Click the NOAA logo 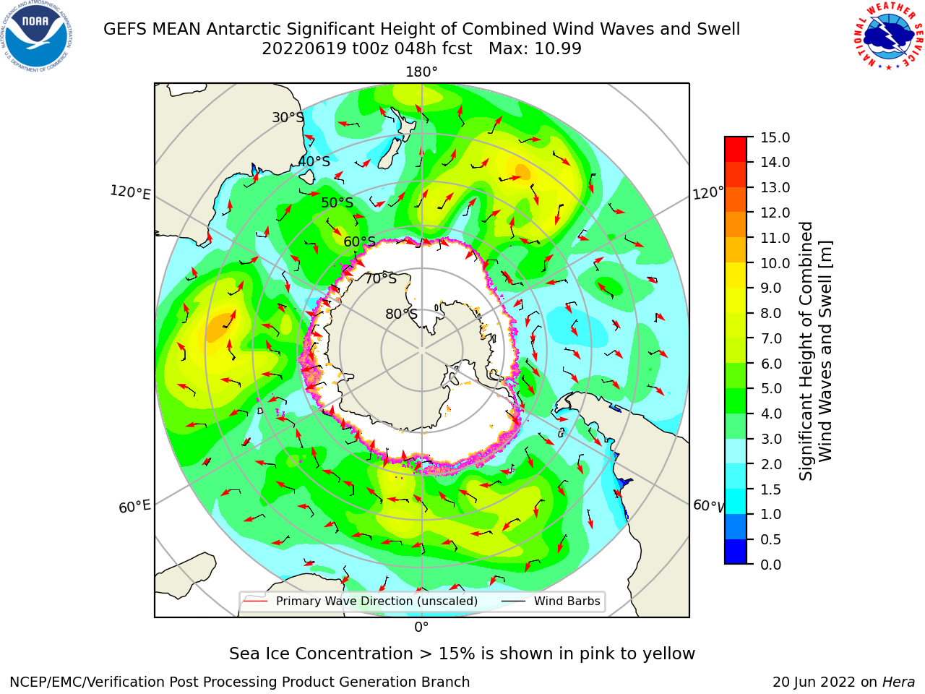[x=37, y=37]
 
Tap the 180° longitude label [x=421, y=72]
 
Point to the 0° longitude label [x=421, y=627]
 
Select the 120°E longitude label [x=130, y=192]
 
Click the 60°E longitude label [x=134, y=506]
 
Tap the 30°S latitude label [x=288, y=117]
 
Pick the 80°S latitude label [x=401, y=314]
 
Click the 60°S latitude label [x=359, y=241]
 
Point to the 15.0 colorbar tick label [x=775, y=137]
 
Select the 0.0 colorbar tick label [x=771, y=564]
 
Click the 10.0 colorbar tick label [x=775, y=263]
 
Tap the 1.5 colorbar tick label [x=771, y=489]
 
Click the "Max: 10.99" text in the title [x=535, y=48]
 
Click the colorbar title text [x=815, y=351]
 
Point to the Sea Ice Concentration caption [x=462, y=654]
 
